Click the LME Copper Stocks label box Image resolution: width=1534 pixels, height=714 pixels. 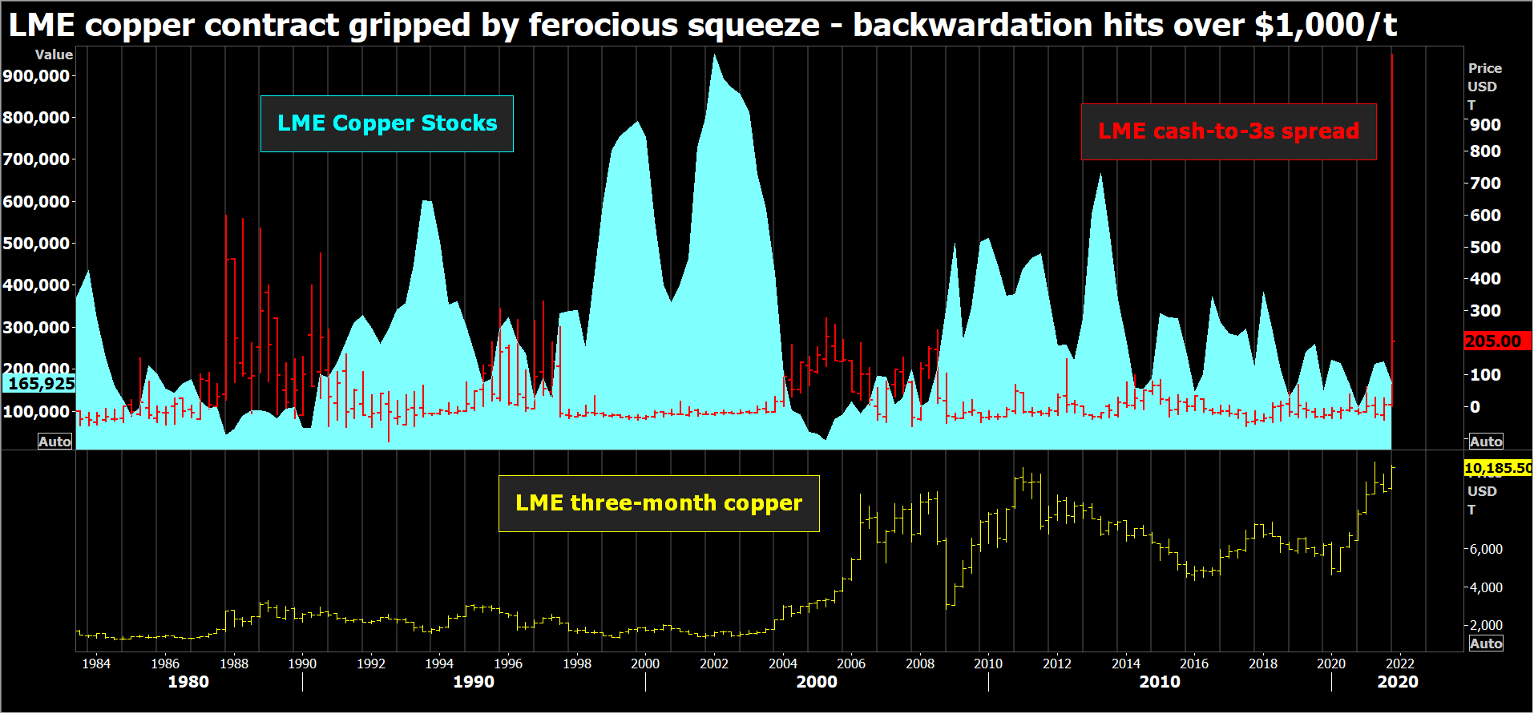[x=386, y=123]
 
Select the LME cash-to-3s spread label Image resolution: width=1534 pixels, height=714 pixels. [x=1228, y=131]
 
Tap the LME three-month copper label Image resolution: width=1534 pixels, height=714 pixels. [x=658, y=503]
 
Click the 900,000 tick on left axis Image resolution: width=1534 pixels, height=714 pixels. [x=37, y=76]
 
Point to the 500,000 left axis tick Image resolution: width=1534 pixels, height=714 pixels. [x=37, y=244]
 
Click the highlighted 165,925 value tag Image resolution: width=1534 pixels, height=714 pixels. [x=40, y=384]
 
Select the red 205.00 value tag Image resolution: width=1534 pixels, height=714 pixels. [x=1495, y=341]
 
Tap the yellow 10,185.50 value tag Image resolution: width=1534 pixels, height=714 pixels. [x=1497, y=468]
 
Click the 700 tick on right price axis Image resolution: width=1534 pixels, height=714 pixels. [x=1485, y=184]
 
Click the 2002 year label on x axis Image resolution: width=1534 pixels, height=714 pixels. [x=713, y=664]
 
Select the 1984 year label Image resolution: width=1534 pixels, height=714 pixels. [x=96, y=664]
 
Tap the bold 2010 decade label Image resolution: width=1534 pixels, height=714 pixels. [x=1159, y=683]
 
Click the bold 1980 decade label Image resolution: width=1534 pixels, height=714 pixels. [x=188, y=683]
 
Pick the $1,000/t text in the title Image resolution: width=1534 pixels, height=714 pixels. [x=1325, y=26]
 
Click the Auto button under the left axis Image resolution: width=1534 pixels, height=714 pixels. [x=54, y=442]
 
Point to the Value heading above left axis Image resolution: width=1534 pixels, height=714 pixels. [x=54, y=54]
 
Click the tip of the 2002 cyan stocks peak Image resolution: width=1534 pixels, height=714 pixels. [x=714, y=55]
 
